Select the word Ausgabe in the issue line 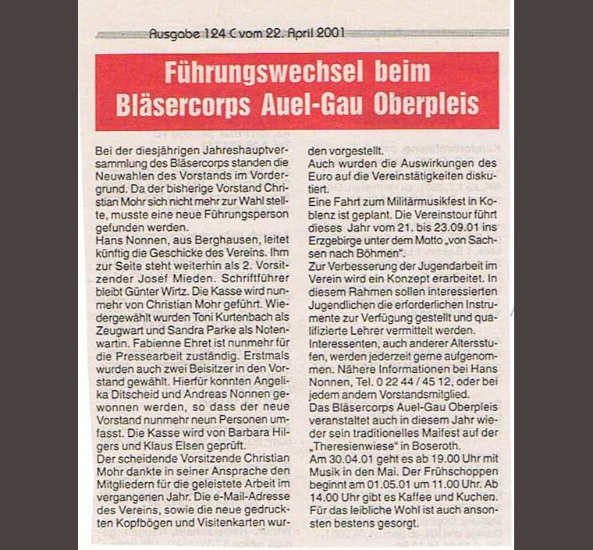[169, 34]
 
